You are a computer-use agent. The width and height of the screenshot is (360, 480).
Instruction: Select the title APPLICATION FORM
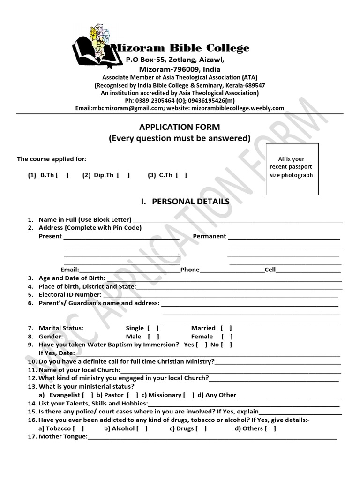click(x=180, y=127)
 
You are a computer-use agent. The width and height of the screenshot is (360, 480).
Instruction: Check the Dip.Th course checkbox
click(x=123, y=175)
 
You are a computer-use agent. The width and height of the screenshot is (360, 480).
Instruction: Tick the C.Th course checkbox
click(x=181, y=175)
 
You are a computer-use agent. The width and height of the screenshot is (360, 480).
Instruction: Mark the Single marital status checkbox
click(x=153, y=328)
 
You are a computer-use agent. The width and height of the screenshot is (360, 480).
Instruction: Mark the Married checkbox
click(x=226, y=328)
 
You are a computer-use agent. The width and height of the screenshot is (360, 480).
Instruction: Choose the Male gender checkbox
click(x=153, y=337)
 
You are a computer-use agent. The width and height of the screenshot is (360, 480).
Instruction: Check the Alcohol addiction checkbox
click(x=142, y=428)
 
